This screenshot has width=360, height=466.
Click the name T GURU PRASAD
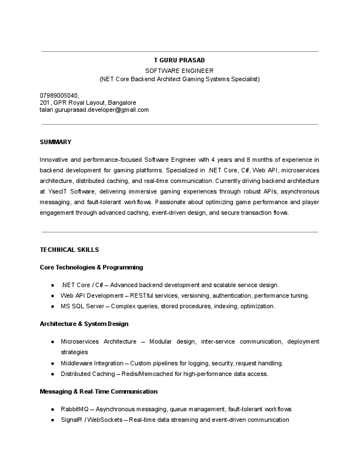[179, 60]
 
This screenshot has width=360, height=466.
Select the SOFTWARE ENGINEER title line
[179, 69]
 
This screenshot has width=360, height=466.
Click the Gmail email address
[94, 109]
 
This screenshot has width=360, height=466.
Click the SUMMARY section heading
[55, 142]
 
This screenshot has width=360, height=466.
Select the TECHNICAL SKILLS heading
[69, 249]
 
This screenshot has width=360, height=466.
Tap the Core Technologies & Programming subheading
[91, 267]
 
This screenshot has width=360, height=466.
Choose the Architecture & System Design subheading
[84, 324]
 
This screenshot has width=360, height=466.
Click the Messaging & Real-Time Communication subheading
[98, 391]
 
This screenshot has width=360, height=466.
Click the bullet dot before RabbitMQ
[53, 409]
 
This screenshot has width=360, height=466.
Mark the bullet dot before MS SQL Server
[53, 307]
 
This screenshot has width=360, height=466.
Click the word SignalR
[72, 420]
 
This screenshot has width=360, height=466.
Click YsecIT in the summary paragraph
[56, 192]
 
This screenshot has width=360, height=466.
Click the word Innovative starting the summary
[54, 159]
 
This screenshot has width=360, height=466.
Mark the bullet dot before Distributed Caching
[53, 374]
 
